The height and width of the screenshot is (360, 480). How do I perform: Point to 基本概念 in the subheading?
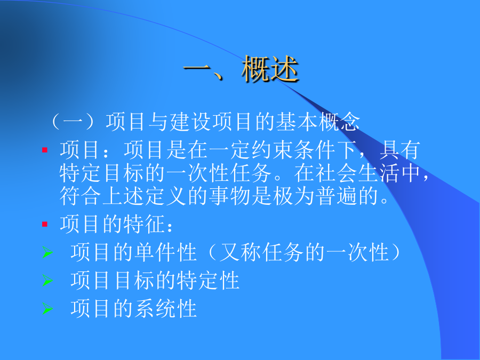317,122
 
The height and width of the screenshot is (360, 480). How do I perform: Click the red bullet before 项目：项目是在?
45,150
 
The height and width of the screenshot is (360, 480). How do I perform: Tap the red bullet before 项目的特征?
45,225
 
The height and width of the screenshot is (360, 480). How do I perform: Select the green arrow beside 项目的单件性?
47,252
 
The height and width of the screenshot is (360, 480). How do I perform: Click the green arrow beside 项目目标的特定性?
47,281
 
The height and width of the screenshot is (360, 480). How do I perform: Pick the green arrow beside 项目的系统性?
47,309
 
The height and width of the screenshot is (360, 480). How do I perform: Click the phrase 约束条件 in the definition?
293,150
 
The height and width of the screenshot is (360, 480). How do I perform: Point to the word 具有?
400,150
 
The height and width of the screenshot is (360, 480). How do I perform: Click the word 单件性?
166,252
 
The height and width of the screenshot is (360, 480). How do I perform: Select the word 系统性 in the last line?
166,309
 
